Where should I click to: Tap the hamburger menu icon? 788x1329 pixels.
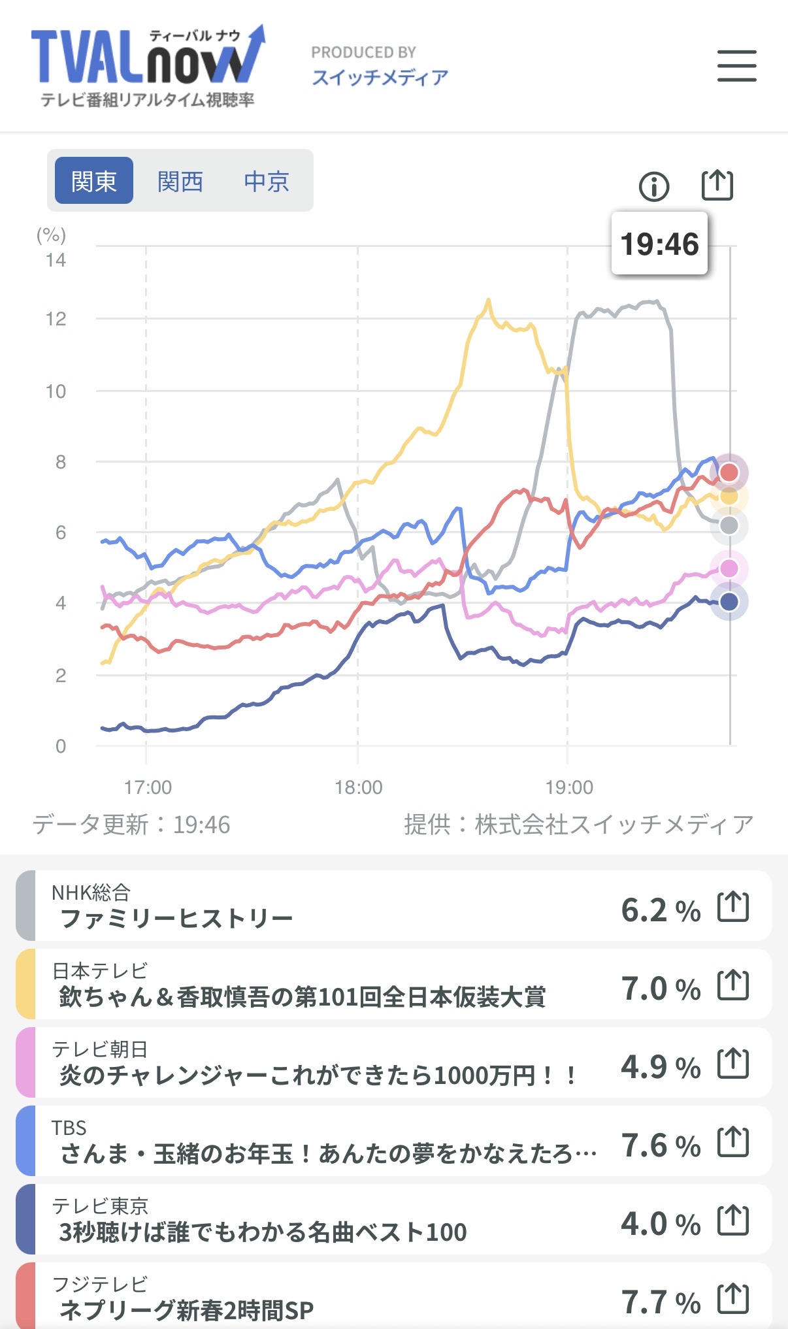point(736,66)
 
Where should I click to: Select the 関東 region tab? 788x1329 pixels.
point(94,181)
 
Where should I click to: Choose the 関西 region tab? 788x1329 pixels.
point(180,181)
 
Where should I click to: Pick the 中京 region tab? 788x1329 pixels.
point(267,181)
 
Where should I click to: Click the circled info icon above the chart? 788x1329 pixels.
point(653,187)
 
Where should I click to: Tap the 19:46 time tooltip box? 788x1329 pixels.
point(659,244)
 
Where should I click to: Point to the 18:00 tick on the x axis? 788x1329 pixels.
point(358,787)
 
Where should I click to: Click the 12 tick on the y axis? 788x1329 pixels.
point(56,320)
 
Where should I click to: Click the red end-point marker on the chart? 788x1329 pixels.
point(729,472)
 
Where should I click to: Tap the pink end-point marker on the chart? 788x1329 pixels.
point(729,568)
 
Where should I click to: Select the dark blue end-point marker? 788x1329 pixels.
point(729,602)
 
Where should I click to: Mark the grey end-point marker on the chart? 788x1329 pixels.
point(729,525)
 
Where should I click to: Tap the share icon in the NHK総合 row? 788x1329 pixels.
point(733,907)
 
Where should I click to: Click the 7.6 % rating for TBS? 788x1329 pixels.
point(660,1145)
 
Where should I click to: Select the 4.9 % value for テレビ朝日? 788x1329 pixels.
point(660,1067)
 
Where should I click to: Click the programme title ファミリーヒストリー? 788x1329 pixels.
point(176,919)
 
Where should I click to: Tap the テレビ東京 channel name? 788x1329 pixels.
point(100,1206)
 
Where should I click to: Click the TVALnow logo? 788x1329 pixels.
point(148,65)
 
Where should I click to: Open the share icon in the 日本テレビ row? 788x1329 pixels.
point(733,985)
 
